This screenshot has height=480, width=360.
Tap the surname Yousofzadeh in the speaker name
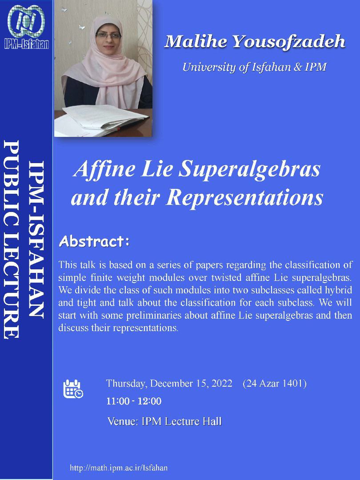coord(289,42)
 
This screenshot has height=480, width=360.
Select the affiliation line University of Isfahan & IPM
coord(254,67)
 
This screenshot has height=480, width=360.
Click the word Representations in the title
coord(245,197)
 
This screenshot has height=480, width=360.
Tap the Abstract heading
coord(94,241)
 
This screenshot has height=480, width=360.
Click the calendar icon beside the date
coord(73,389)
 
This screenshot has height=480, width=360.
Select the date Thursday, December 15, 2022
coord(169,384)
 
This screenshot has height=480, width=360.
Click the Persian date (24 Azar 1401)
coord(275,383)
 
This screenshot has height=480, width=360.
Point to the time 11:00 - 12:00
coord(134,401)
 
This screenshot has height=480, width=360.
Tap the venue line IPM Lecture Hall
coord(164,421)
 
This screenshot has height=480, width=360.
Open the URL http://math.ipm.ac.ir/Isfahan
coord(119,468)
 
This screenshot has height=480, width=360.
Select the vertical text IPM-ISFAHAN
coord(36,240)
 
